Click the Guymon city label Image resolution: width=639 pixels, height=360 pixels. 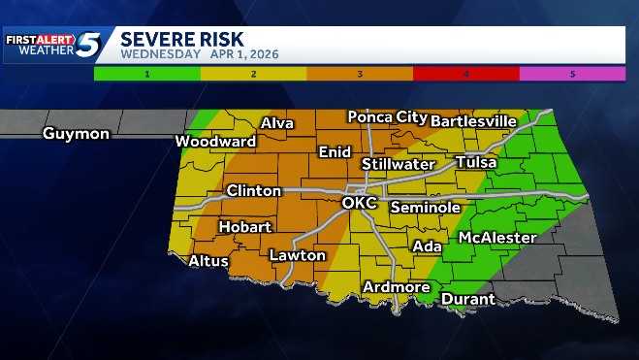click(76, 134)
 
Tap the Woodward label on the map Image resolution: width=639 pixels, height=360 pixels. click(215, 142)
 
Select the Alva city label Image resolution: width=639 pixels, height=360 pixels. click(277, 123)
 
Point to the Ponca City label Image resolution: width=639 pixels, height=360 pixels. click(388, 117)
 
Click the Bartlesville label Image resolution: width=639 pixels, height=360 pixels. click(473, 121)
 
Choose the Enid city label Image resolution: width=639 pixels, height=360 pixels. click(335, 152)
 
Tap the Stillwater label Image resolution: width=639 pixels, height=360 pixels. click(399, 164)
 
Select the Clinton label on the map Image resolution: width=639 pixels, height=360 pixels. click(253, 191)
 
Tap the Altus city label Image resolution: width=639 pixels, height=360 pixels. click(208, 261)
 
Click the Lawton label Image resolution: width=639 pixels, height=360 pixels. click(297, 255)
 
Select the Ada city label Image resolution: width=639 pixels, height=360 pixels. click(427, 246)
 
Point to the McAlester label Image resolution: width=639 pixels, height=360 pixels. click(497, 238)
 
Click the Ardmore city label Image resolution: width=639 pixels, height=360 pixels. click(396, 287)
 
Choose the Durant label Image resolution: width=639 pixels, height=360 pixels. click(468, 300)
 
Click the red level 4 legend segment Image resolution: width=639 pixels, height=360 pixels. click(465, 73)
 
